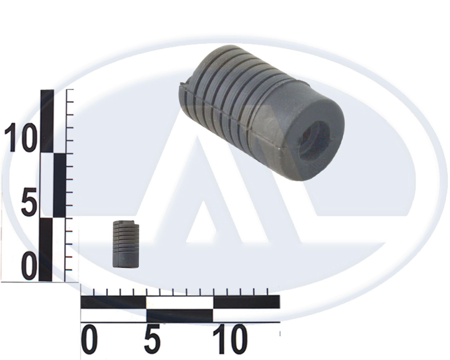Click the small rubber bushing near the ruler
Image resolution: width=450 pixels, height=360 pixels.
[x=126, y=244]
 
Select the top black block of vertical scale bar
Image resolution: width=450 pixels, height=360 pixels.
[x=47, y=121]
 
